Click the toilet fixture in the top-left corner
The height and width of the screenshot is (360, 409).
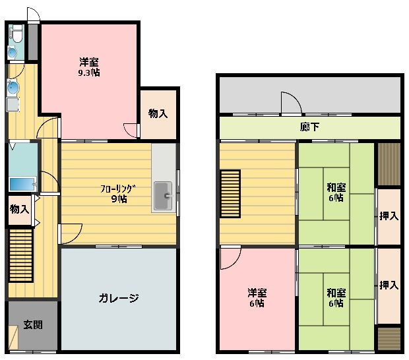tap(17, 34)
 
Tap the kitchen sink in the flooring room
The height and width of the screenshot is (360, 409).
tap(163, 196)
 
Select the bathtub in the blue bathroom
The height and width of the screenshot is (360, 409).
tap(22, 184)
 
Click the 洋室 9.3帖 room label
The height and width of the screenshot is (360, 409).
tap(89, 67)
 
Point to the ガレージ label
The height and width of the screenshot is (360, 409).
tap(119, 298)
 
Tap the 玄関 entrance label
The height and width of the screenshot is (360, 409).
tap(33, 325)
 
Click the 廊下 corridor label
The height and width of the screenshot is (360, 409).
tap(309, 127)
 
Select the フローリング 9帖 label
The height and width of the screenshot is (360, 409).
tap(119, 194)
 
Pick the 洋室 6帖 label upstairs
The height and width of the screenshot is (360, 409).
tap(257, 298)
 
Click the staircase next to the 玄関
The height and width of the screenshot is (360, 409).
tap(21, 255)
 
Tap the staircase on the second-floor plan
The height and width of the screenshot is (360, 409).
tap(230, 194)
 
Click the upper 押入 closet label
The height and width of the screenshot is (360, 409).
tap(389, 216)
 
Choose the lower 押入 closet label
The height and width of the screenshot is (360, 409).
tap(389, 285)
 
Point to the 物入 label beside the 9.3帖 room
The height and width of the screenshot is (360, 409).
tap(158, 113)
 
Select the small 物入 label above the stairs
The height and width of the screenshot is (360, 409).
tap(20, 209)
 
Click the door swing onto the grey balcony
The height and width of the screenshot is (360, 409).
tap(292, 103)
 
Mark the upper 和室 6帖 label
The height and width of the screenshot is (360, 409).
tap(336, 193)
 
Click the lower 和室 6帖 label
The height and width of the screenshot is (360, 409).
tap(336, 298)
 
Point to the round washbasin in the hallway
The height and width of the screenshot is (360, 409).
tap(13, 88)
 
